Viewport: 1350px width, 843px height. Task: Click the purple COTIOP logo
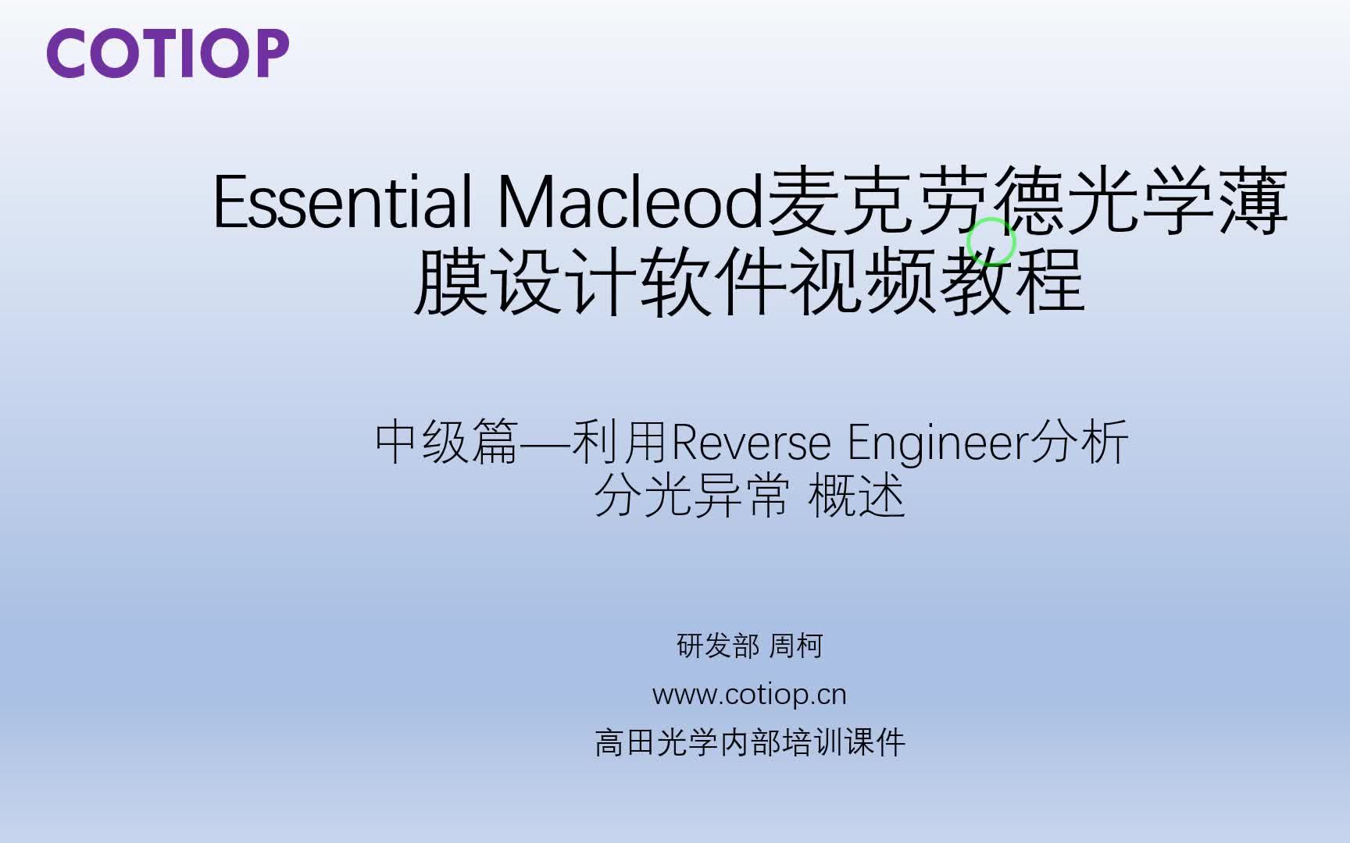tap(168, 54)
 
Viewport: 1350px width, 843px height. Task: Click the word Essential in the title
tap(342, 202)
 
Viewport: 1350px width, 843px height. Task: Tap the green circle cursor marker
tap(991, 242)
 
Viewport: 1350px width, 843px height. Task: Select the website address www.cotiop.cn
tap(749, 694)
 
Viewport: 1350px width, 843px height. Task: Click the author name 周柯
tap(796, 646)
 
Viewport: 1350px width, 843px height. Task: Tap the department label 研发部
tap(717, 646)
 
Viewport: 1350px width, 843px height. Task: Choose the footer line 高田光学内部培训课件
tap(750, 742)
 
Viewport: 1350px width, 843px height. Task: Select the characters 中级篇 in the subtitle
tap(447, 442)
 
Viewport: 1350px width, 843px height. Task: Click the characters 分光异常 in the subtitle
tap(691, 496)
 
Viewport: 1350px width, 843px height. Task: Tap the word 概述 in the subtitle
tap(856, 496)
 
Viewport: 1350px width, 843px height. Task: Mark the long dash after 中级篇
tap(545, 443)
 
